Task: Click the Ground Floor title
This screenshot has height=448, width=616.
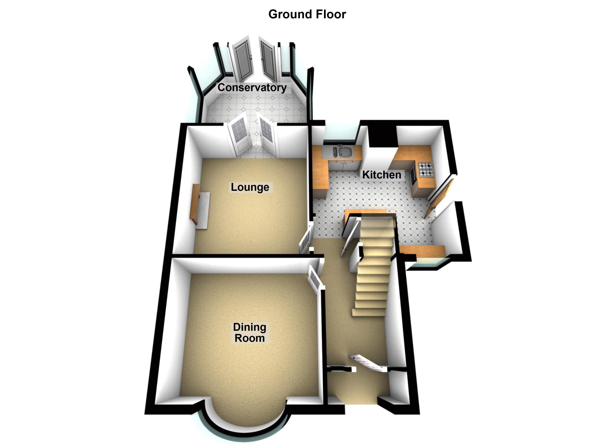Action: [x=307, y=14]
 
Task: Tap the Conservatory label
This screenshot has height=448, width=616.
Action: [x=252, y=88]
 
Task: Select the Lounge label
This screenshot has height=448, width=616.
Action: [x=250, y=187]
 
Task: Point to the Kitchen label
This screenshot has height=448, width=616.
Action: [x=382, y=175]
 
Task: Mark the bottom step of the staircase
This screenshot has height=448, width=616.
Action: [x=368, y=313]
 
